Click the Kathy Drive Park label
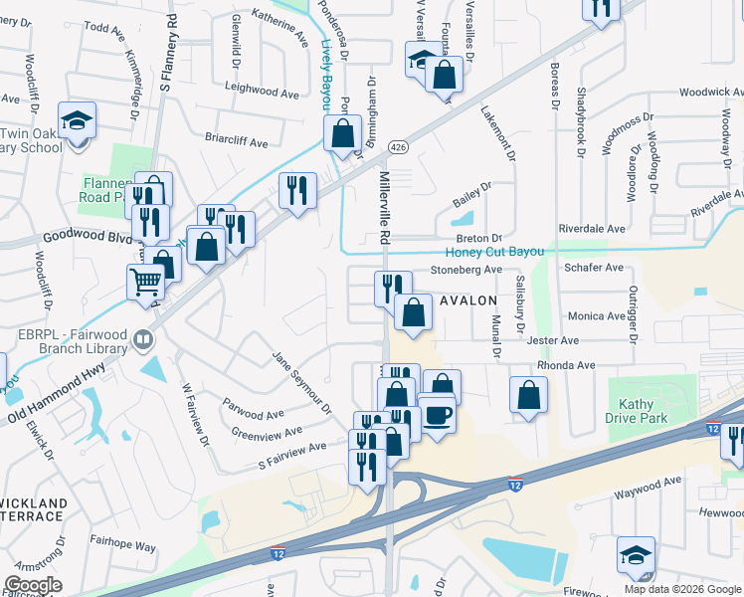(x=636, y=411)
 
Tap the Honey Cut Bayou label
(x=494, y=252)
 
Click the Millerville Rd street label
(x=385, y=207)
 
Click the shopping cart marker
(x=145, y=283)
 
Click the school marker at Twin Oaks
(x=77, y=122)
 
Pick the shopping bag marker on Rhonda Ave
(x=529, y=394)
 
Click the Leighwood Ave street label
(x=263, y=93)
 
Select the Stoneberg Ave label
(x=466, y=270)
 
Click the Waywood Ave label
(x=648, y=482)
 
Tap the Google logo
(x=32, y=585)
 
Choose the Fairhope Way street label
(x=124, y=546)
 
